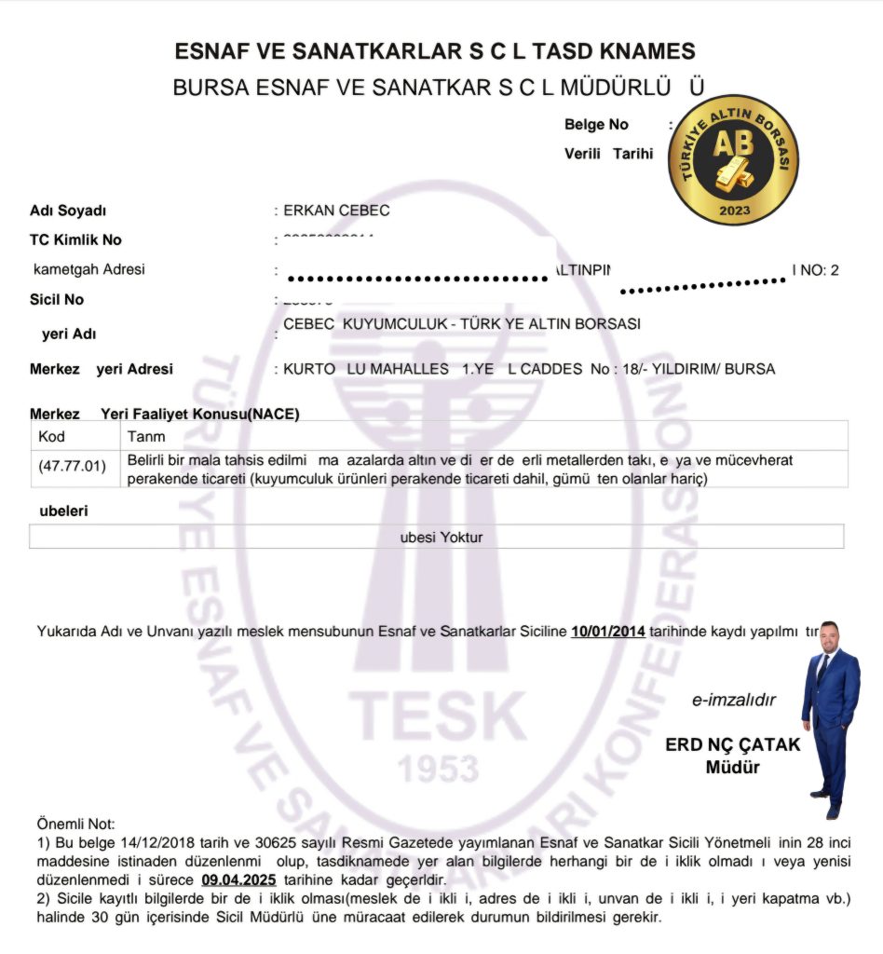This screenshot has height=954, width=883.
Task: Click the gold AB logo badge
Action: point(734,159)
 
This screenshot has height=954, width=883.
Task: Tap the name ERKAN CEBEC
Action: point(336,211)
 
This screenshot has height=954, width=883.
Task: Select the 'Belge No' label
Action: point(596,125)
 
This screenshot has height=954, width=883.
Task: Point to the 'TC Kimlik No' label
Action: point(75,240)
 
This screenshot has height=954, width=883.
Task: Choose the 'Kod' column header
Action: point(52,436)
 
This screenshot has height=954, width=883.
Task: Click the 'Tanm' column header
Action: point(146,436)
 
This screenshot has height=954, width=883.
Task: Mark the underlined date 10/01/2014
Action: point(608,632)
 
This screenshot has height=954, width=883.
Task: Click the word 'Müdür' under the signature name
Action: point(733,769)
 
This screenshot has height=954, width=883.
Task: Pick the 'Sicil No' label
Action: point(57,300)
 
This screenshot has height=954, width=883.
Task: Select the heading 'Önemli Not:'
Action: point(75,824)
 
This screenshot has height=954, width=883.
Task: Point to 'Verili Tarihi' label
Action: point(608,154)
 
